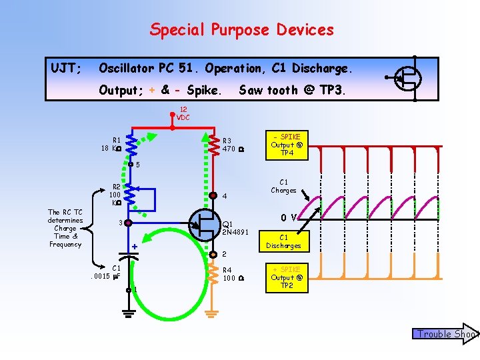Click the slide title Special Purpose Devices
click(241, 29)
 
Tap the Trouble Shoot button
click(445, 334)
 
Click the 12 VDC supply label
click(183, 114)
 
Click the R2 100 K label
click(115, 194)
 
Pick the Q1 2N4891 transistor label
click(235, 229)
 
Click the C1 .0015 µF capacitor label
click(107, 272)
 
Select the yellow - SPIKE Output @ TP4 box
click(287, 145)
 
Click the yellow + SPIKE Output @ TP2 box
click(287, 277)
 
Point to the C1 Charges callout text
click(283, 186)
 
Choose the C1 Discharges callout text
click(283, 241)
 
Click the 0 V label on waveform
click(289, 217)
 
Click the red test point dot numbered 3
click(127, 223)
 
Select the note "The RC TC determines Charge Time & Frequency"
click(65, 228)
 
